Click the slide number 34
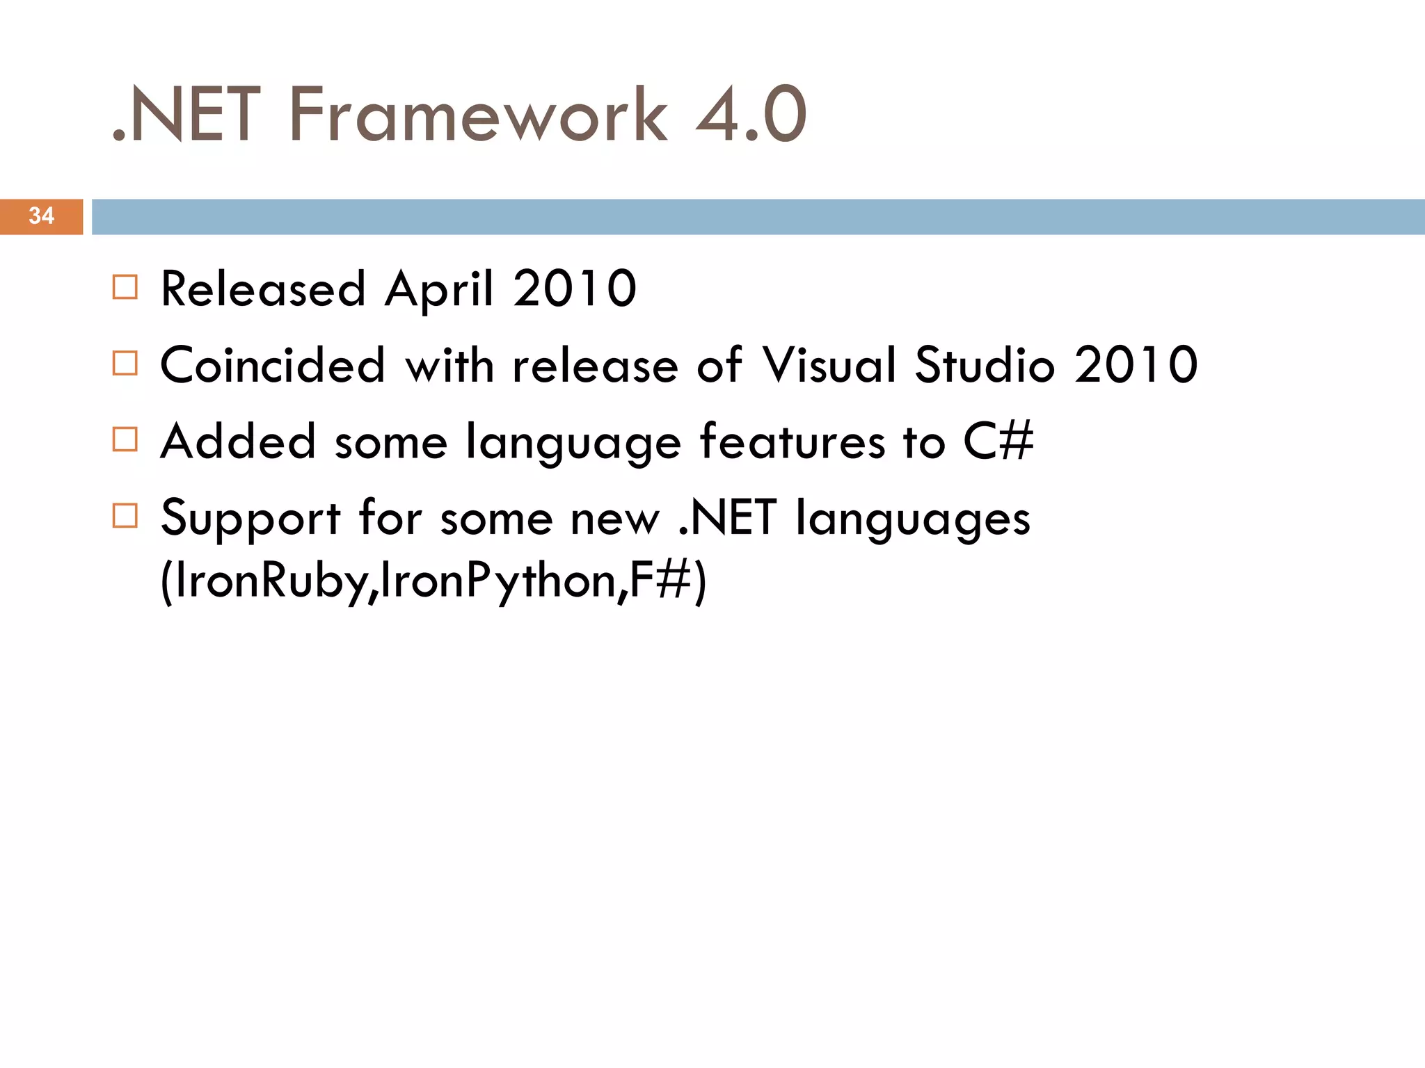[41, 216]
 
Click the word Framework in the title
[478, 115]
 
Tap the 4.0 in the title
[751, 115]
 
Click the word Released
[263, 289]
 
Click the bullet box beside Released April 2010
[125, 287]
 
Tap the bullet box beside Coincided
[125, 363]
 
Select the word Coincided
[272, 365]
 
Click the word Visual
[829, 365]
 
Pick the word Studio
[985, 365]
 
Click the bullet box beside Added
[125, 439]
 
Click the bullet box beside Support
[125, 516]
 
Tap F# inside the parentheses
[658, 581]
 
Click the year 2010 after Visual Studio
[1136, 365]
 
